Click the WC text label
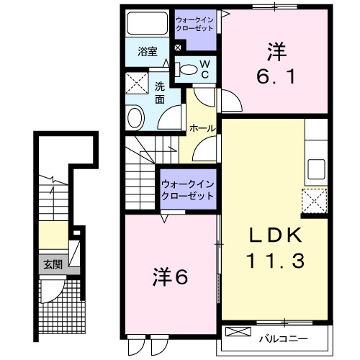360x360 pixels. (x=204, y=69)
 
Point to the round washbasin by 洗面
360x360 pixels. (x=135, y=117)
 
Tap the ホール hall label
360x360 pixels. (x=202, y=127)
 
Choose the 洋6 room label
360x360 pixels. (x=171, y=276)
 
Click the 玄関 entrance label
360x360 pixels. (x=53, y=264)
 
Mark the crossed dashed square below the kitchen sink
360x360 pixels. (x=315, y=199)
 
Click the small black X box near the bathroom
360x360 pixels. (x=178, y=48)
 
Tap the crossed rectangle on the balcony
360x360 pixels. (x=237, y=332)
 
